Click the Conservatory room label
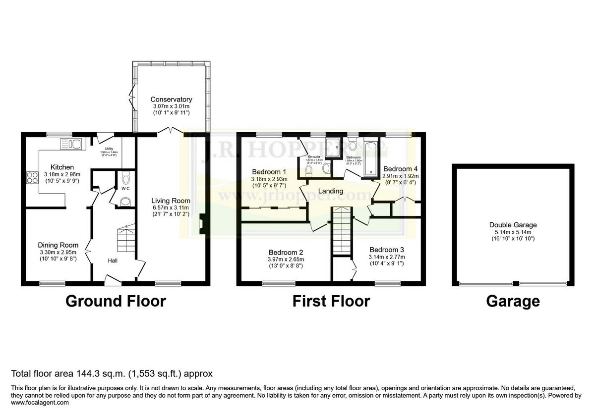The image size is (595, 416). (x=171, y=100)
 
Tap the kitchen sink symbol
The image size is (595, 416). (x=73, y=144)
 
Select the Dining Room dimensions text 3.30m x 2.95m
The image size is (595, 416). (x=59, y=253)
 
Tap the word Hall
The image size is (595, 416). (x=113, y=260)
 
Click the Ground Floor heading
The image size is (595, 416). (x=116, y=301)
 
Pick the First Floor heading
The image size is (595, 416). (x=331, y=301)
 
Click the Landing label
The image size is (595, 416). (x=330, y=191)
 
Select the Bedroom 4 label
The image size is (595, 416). (x=400, y=168)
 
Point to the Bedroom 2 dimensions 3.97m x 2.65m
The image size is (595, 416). (x=286, y=259)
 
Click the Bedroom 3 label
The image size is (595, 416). (x=387, y=250)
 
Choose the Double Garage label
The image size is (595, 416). (x=513, y=225)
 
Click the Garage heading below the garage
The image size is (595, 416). (x=513, y=301)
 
